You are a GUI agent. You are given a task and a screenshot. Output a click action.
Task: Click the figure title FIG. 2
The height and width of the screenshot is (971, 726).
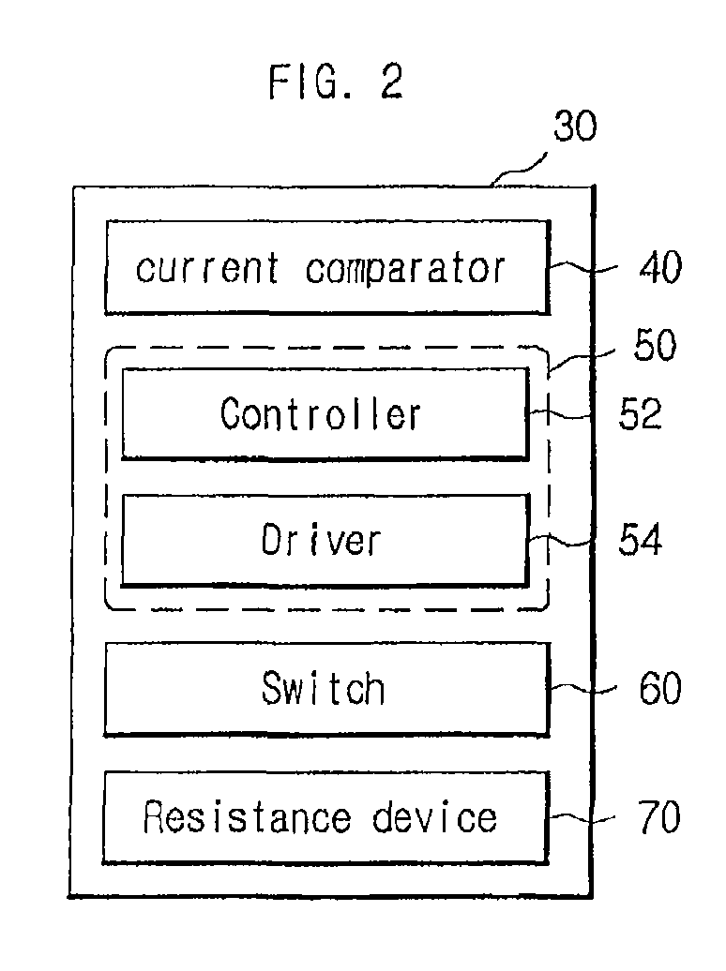pos(336,82)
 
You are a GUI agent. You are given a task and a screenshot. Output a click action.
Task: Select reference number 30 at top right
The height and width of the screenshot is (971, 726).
pos(574,127)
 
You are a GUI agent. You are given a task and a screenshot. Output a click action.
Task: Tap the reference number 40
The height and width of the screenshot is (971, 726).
pos(660,268)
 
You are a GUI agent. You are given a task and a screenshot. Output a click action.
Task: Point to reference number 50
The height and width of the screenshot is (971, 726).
pos(654,346)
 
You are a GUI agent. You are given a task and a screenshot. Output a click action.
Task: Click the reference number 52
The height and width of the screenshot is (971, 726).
pos(640,413)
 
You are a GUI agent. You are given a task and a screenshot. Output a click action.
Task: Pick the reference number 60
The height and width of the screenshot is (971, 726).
pos(658,689)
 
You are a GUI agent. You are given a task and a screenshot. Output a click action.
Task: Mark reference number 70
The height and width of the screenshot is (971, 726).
pos(658,817)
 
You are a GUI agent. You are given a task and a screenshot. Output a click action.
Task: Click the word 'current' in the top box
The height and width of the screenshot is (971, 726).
pos(207,268)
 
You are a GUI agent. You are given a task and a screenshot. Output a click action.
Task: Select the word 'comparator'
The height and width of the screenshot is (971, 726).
pos(405,268)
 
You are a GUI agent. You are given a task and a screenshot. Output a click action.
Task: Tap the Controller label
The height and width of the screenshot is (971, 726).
pos(321,413)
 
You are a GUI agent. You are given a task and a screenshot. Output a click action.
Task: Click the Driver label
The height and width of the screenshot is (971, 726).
pos(321,540)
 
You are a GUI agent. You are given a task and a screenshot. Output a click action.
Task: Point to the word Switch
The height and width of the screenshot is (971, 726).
pos(323,689)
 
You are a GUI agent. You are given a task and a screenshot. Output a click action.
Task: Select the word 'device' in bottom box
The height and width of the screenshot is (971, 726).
pos(434,817)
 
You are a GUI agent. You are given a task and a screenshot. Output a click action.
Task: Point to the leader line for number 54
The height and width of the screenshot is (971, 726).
pos(563,540)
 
